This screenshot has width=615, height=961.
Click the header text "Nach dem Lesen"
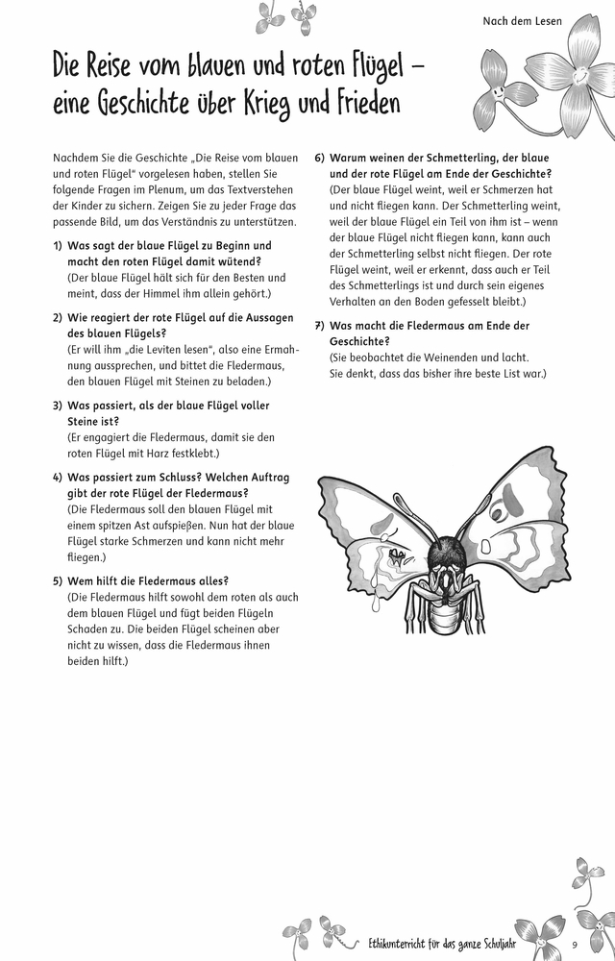pyautogui.click(x=522, y=20)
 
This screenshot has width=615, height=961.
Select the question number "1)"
pyautogui.click(x=59, y=246)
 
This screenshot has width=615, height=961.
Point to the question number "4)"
pyautogui.click(x=59, y=478)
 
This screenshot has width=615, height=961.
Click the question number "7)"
pyautogui.click(x=321, y=326)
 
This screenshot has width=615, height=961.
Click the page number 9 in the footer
pyautogui.click(x=574, y=943)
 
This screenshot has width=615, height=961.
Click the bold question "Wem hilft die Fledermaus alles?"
pyautogui.click(x=147, y=580)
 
